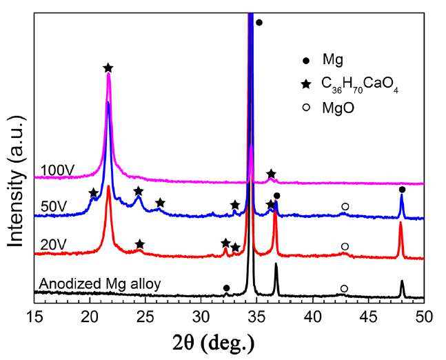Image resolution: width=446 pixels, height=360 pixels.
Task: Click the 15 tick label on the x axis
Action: (x=34, y=315)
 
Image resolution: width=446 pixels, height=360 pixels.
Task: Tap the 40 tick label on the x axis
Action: (x=313, y=315)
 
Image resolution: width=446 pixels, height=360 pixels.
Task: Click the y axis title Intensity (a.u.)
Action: (x=17, y=173)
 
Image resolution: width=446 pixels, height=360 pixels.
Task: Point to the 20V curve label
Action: (x=54, y=244)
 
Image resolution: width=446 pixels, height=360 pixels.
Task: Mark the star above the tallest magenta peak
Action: (x=108, y=68)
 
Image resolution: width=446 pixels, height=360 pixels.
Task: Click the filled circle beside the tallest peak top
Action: (x=259, y=23)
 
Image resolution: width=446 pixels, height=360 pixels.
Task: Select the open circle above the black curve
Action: (x=344, y=288)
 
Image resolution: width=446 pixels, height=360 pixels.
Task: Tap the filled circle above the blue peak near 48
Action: (x=402, y=190)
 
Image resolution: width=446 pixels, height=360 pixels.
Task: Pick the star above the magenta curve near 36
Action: (x=271, y=174)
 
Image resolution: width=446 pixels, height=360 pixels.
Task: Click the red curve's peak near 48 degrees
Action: (x=401, y=223)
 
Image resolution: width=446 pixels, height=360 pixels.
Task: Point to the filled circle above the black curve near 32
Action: (x=226, y=288)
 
